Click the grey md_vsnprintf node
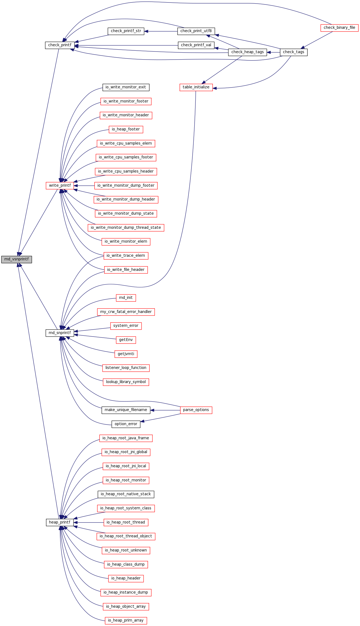pyautogui.click(x=16, y=260)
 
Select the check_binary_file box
pyautogui.click(x=339, y=28)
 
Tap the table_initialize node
pyautogui.click(x=196, y=87)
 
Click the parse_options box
pyautogui.click(x=196, y=410)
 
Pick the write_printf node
pyautogui.click(x=60, y=186)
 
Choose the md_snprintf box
pyautogui.click(x=60, y=333)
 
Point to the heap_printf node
pyautogui.click(x=60, y=522)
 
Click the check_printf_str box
pyautogui.click(x=126, y=31)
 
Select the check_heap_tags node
pyautogui.click(x=247, y=52)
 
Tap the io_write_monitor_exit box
pyautogui.click(x=126, y=87)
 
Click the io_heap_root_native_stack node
pyautogui.click(x=126, y=494)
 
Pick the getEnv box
pyautogui.click(x=126, y=340)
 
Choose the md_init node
pyautogui.click(x=126, y=298)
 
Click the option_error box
pyautogui.click(x=126, y=424)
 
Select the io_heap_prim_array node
pyautogui.click(x=126, y=620)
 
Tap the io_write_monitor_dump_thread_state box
pyautogui.click(x=126, y=228)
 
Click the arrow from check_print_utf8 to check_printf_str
pyautogui.click(x=161, y=31)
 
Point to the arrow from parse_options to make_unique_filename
pyautogui.click(x=165, y=410)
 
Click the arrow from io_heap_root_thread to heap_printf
pyautogui.click(x=89, y=522)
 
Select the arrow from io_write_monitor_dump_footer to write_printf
pyautogui.click(x=84, y=186)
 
